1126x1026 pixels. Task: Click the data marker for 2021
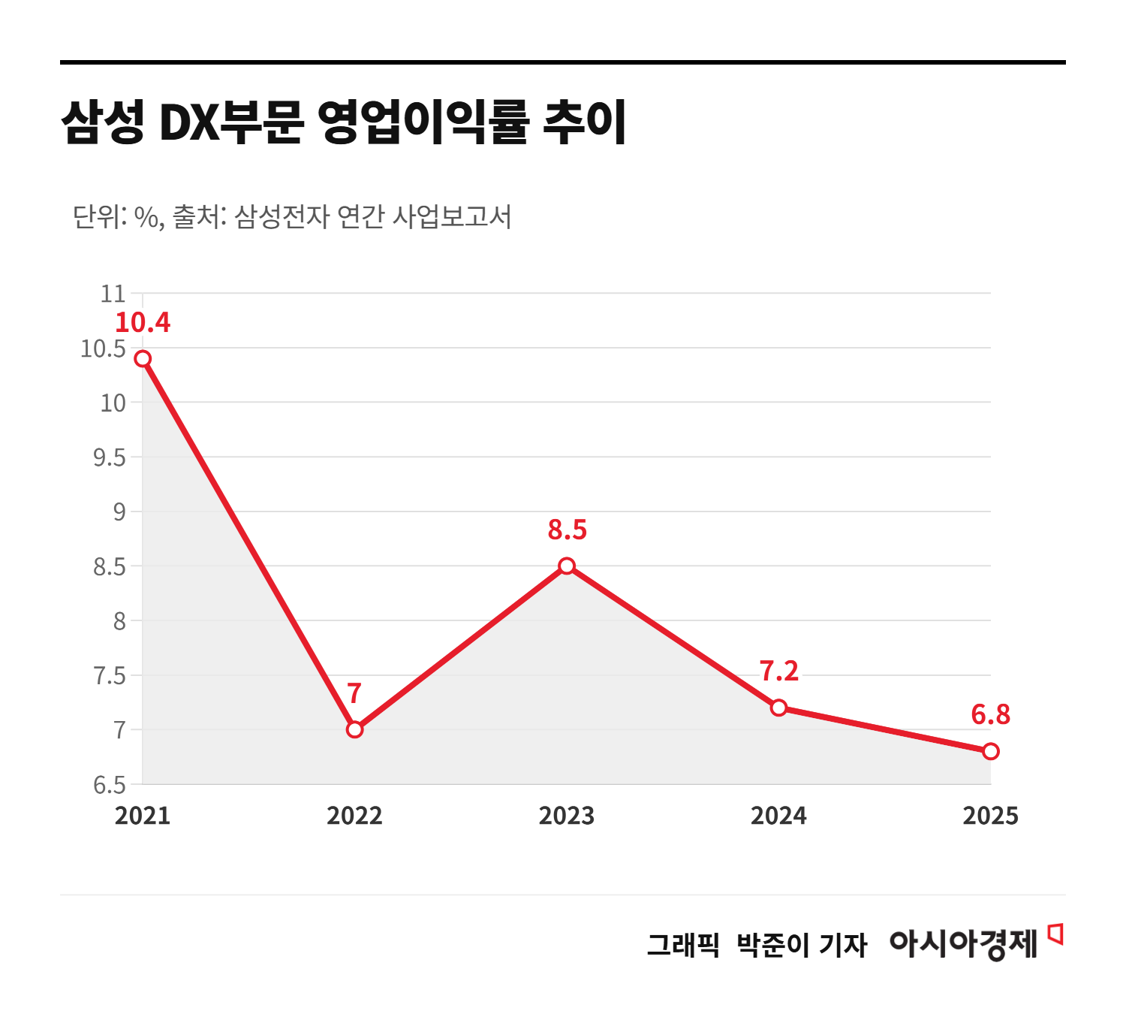coord(143,358)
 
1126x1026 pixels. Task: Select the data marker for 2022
coord(355,729)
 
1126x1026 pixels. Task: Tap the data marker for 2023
coord(567,566)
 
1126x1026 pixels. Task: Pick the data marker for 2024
coord(778,708)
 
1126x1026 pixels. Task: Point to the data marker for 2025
coord(991,751)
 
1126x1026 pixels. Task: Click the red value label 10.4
coord(143,323)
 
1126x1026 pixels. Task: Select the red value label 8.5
coord(567,530)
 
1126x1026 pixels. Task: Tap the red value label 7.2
coord(778,671)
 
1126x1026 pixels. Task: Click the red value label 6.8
coord(990,715)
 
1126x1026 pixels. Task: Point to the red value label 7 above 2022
coord(354,693)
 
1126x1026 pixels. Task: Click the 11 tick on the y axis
coord(113,294)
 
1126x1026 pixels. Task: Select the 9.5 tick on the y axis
coord(110,457)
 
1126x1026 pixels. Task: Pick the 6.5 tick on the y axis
coord(110,786)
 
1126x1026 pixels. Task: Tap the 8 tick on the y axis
coord(119,621)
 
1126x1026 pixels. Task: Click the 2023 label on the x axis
coord(566,816)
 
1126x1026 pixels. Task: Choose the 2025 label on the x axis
coord(990,816)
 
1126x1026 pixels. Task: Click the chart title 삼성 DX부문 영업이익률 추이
coord(343,122)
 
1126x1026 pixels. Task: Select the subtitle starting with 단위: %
coord(292,217)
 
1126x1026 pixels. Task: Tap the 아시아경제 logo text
coord(963,943)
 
